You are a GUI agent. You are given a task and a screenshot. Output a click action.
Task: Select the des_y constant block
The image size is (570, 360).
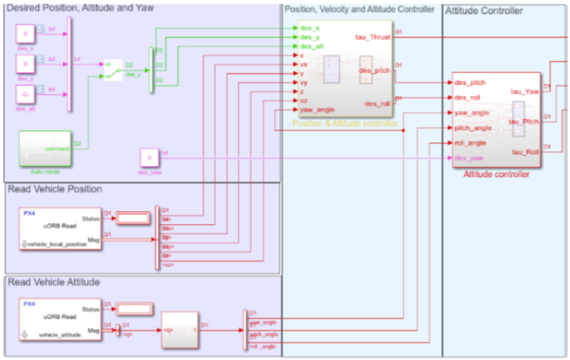(25, 63)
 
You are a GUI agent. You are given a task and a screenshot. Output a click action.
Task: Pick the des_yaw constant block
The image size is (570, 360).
(149, 156)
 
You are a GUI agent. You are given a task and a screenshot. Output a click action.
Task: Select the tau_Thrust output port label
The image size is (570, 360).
(372, 36)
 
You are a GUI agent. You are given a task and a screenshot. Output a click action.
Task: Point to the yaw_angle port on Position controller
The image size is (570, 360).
(318, 109)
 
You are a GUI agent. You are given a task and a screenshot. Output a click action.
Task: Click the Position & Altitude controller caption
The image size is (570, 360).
(344, 124)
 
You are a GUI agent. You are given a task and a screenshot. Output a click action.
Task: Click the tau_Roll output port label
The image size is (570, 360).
(524, 152)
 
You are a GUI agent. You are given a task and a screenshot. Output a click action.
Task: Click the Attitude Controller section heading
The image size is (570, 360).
(484, 11)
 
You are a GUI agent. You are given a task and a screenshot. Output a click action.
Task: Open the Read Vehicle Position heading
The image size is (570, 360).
(55, 189)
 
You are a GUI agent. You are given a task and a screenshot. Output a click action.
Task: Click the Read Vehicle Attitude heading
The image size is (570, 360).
(54, 282)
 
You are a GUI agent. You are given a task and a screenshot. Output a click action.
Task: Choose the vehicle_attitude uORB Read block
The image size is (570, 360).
(61, 319)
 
